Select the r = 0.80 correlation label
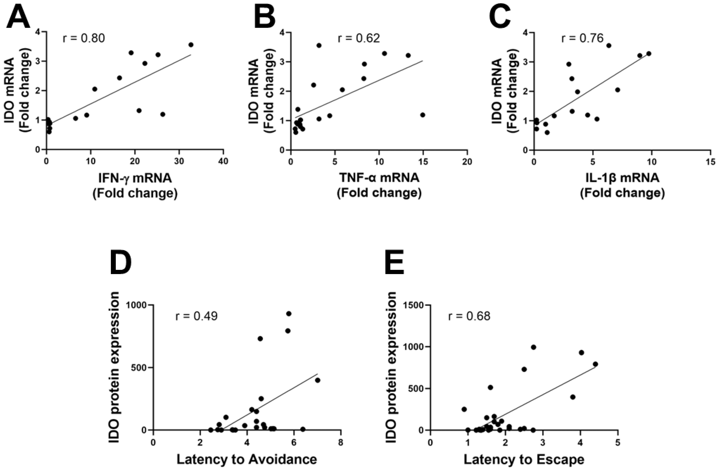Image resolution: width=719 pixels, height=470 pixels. point(84,39)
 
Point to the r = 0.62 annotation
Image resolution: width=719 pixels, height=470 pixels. point(359,39)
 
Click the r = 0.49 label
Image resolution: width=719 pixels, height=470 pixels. point(196,316)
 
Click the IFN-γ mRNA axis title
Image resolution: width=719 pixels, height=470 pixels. point(135,178)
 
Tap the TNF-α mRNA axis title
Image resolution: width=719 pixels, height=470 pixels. point(379,178)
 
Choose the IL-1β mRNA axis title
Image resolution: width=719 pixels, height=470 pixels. point(622,178)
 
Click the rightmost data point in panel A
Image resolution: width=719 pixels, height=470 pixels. point(191,45)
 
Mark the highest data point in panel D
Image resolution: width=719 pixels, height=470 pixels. point(289,313)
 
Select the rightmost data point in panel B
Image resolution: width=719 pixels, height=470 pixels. point(423,115)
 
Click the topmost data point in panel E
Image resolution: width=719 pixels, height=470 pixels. point(534,347)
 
